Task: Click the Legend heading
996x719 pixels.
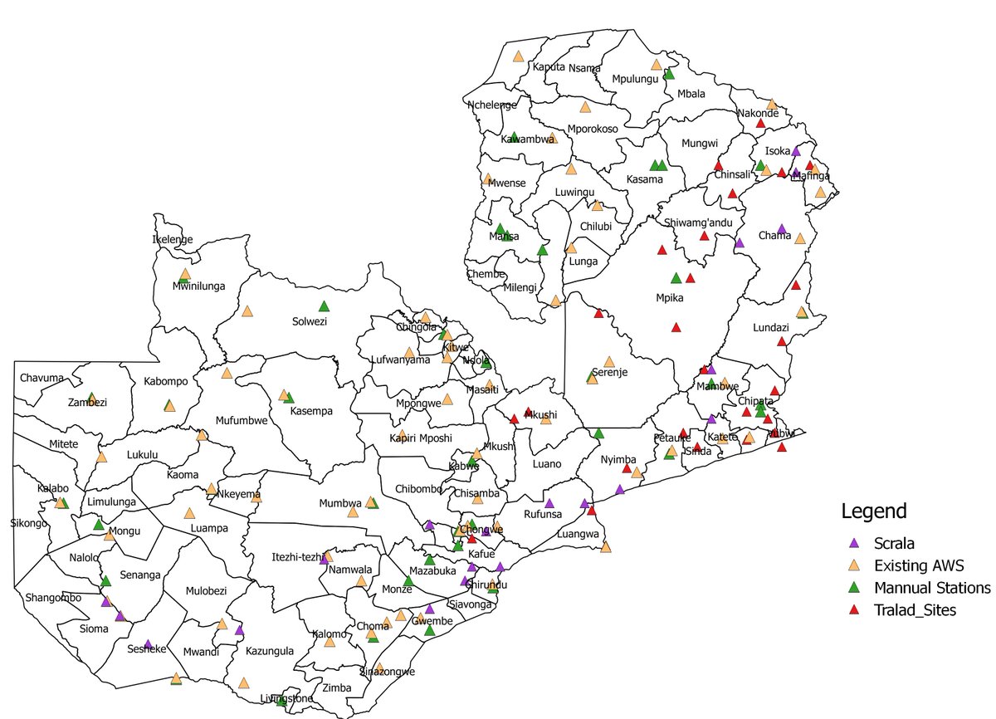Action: [873, 511]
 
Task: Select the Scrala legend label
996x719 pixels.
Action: [895, 545]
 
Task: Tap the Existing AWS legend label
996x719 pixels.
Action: [918, 566]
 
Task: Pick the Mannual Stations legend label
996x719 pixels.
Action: [932, 588]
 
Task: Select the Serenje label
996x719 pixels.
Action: [610, 373]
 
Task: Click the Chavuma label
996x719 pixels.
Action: [41, 379]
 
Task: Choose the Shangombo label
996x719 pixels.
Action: [53, 598]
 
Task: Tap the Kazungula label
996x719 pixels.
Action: [270, 651]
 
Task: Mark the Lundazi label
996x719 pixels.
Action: [771, 328]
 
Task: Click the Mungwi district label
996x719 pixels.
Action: [699, 144]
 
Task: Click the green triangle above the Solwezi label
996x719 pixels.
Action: [324, 306]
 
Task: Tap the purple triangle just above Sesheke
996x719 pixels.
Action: [148, 643]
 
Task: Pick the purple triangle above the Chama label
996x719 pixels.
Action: [781, 228]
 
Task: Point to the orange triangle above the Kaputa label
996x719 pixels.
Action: [518, 56]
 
